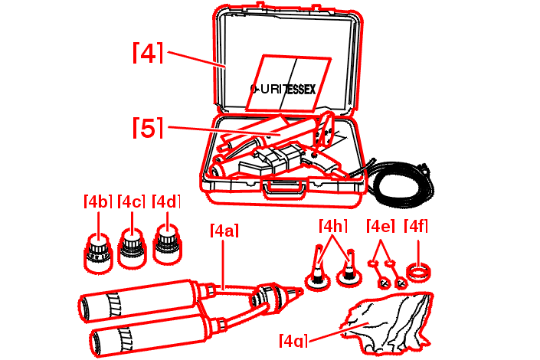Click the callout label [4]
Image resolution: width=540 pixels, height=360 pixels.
(148, 53)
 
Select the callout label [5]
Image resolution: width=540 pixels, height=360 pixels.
(148, 128)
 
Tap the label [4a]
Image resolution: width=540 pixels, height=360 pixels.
(224, 231)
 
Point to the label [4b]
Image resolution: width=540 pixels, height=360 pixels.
(98, 201)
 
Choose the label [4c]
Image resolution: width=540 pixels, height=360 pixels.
(131, 201)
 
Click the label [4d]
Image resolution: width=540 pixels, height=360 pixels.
(166, 201)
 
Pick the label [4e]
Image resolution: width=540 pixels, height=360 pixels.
(381, 226)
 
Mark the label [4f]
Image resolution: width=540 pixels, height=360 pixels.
(416, 226)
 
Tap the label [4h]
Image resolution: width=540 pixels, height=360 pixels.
(332, 226)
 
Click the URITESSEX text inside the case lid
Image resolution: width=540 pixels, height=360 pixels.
(283, 89)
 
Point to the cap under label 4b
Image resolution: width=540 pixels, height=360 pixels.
(98, 254)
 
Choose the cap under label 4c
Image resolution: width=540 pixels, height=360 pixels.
(132, 247)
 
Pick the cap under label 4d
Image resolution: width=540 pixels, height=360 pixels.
(168, 244)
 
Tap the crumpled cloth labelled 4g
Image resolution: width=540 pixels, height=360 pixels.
(388, 322)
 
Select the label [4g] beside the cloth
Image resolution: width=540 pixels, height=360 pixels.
(293, 340)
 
